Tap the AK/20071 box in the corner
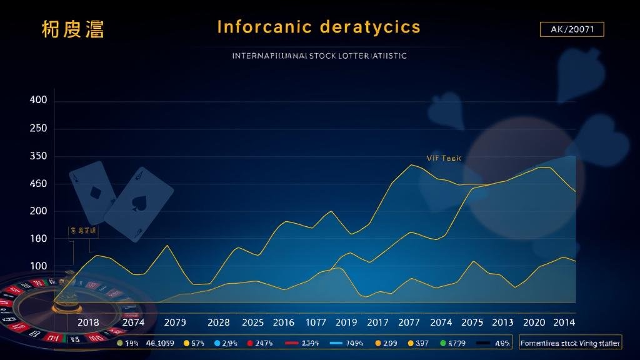[x=571, y=29]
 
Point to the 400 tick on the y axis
[x=39, y=101]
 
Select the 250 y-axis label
[x=39, y=129]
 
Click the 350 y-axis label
[x=39, y=156]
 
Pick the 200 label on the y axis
[x=39, y=211]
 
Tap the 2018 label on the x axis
[x=88, y=322]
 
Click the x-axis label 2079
[x=175, y=322]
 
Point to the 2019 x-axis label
[x=346, y=322]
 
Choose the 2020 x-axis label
[x=534, y=322]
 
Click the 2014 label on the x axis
[x=564, y=322]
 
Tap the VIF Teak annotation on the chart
[x=443, y=158]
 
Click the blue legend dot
[x=217, y=343]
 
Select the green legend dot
[x=443, y=343]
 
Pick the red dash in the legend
[x=292, y=343]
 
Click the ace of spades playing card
[x=138, y=204]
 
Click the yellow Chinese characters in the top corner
[x=72, y=29]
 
